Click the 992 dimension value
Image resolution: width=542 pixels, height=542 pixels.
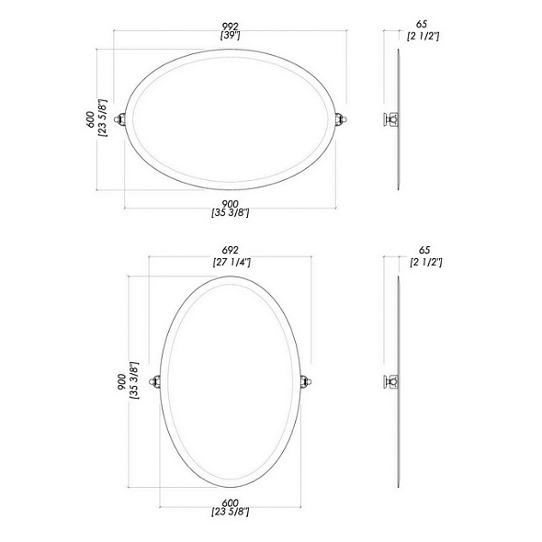231,27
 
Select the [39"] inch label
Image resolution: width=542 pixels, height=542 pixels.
231,35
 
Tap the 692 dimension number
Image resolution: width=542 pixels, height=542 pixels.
231,250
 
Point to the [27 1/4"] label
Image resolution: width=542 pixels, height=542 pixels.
231,262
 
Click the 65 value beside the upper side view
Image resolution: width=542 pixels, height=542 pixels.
422,24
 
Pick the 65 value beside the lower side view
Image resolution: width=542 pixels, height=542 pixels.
424,250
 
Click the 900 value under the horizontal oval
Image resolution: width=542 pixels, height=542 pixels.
231,204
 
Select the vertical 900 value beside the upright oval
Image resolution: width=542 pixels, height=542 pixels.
122,382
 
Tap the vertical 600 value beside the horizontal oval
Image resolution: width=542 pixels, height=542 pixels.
91,119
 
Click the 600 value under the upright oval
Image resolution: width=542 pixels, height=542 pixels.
231,502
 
